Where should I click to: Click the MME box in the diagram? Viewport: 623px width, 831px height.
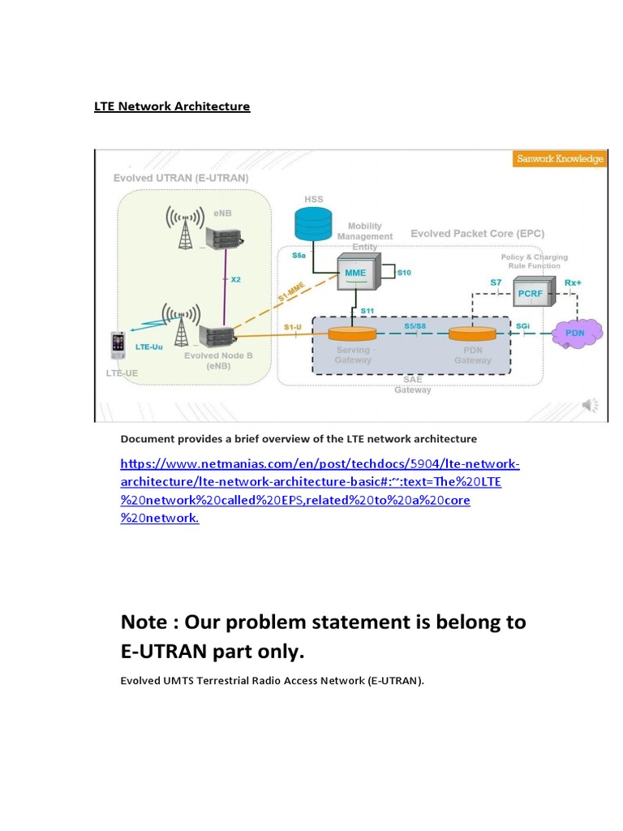pyautogui.click(x=354, y=273)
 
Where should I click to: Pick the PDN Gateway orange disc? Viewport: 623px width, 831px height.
pyautogui.click(x=472, y=334)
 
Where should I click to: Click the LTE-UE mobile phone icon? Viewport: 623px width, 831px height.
pyautogui.click(x=120, y=345)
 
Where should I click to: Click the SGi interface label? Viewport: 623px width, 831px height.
pyautogui.click(x=524, y=325)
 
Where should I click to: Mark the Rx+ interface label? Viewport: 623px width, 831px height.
pyautogui.click(x=574, y=282)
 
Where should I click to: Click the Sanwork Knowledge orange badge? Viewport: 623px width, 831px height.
pyautogui.click(x=560, y=159)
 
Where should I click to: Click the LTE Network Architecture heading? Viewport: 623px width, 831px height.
pyautogui.click(x=172, y=107)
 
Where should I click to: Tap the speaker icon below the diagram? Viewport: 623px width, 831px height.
pyautogui.click(x=591, y=405)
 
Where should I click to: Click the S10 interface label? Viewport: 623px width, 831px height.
pyautogui.click(x=405, y=273)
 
